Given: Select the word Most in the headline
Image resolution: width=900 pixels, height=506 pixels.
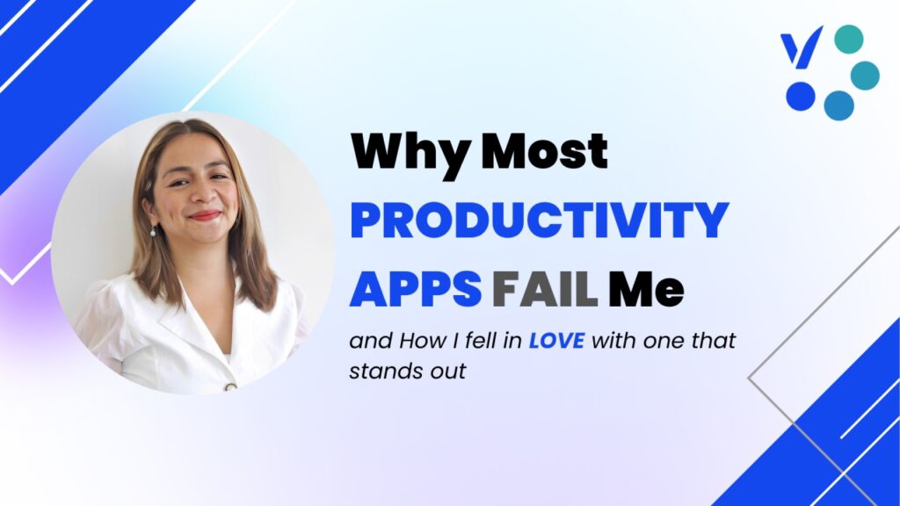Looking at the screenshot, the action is [544, 151].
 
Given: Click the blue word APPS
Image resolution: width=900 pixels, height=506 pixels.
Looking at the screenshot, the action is [415, 288].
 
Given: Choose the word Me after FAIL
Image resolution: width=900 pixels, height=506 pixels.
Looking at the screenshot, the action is [646, 288].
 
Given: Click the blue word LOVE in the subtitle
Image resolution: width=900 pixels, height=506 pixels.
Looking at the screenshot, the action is [556, 341].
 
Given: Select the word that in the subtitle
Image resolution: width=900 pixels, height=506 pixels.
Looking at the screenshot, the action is [713, 341].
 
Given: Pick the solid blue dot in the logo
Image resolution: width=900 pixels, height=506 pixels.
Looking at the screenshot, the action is [801, 96].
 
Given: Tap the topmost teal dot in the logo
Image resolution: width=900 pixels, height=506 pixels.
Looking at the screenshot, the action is [849, 40].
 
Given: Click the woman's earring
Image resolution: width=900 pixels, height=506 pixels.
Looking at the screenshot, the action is [153, 231].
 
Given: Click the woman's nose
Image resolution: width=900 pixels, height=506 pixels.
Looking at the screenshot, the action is [202, 194].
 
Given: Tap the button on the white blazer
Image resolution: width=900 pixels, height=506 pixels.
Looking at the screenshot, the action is [231, 387].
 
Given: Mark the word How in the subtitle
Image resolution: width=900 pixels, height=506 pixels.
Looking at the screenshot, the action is [422, 341].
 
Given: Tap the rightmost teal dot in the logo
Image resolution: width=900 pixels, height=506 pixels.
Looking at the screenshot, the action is [865, 76].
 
